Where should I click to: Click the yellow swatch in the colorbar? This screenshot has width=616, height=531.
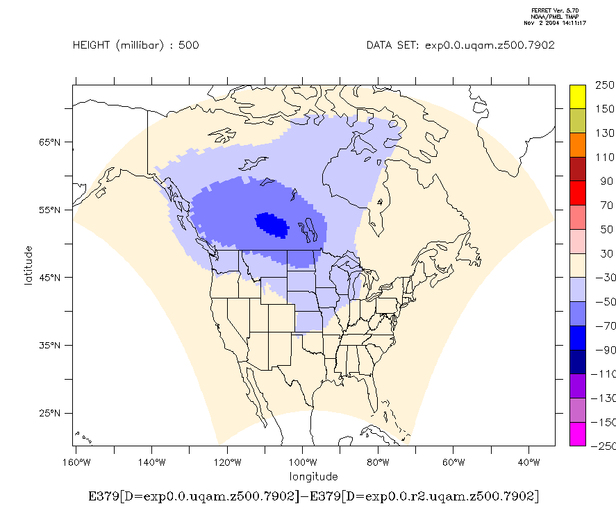coord(577,96)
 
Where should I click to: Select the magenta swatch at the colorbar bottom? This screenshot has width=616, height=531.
coord(577,433)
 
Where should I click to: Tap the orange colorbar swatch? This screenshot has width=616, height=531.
coord(577,144)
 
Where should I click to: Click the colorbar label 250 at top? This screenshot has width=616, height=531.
coord(605,85)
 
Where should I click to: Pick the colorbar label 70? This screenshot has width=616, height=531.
coord(605,205)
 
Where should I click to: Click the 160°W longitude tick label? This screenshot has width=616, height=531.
coord(76,462)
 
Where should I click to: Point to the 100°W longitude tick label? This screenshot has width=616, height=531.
coord(302,462)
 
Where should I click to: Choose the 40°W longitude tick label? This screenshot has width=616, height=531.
coord(529,462)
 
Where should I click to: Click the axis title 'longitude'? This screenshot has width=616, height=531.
coord(314,476)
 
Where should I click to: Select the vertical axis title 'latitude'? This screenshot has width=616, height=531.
coord(28,264)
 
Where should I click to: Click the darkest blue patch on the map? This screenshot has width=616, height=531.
coord(272,224)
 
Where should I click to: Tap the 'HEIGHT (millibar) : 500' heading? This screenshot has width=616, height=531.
coord(136,46)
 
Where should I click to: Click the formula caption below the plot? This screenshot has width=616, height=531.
coord(314,496)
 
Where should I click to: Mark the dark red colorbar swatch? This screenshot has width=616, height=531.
coord(577,169)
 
